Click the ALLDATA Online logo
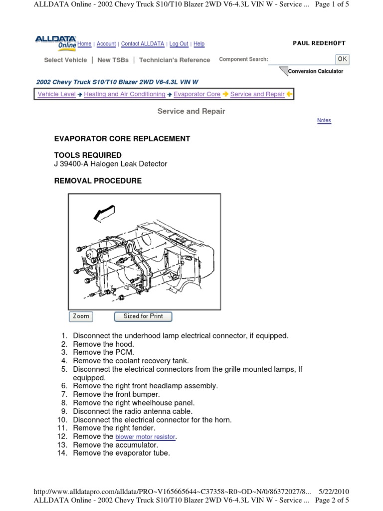[x=55, y=42]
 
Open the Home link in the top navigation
[x=84, y=44]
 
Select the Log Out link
[x=179, y=44]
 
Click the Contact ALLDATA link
[x=142, y=44]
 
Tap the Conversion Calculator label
[x=315, y=71]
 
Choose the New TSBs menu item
[x=113, y=60]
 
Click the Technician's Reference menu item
[x=175, y=60]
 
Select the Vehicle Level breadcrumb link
[x=57, y=94]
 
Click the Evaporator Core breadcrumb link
[x=197, y=94]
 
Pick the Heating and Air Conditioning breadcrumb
[x=125, y=94]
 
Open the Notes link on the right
[x=324, y=121]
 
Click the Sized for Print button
[x=143, y=316]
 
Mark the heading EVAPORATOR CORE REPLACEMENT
[x=122, y=138]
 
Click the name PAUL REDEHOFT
[x=319, y=43]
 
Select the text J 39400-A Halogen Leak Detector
[x=110, y=164]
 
